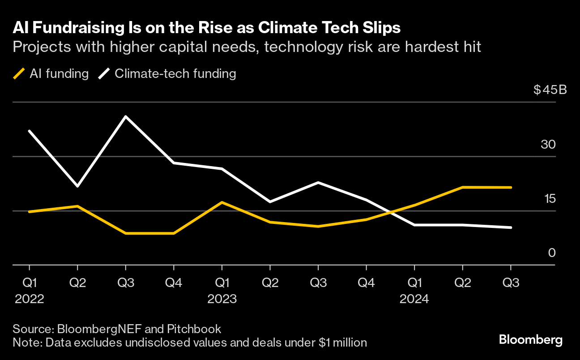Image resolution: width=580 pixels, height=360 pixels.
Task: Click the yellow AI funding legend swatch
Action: (18, 74)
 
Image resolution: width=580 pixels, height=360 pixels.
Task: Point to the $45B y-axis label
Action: (550, 90)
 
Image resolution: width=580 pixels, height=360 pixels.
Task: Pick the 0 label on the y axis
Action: (551, 253)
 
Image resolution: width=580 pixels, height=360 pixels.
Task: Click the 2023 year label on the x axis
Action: (222, 299)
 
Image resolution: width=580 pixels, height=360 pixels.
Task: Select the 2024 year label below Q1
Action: (414, 299)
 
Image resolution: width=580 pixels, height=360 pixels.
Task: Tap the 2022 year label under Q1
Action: (30, 299)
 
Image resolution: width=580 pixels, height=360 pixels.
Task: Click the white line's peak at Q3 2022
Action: (126, 116)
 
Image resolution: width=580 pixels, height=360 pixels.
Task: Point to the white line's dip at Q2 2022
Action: (77, 186)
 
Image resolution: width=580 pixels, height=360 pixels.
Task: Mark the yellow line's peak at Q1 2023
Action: (222, 202)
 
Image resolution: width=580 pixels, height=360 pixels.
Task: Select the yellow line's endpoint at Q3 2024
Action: (511, 188)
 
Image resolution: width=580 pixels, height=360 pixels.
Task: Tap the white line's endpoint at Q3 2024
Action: (511, 227)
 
